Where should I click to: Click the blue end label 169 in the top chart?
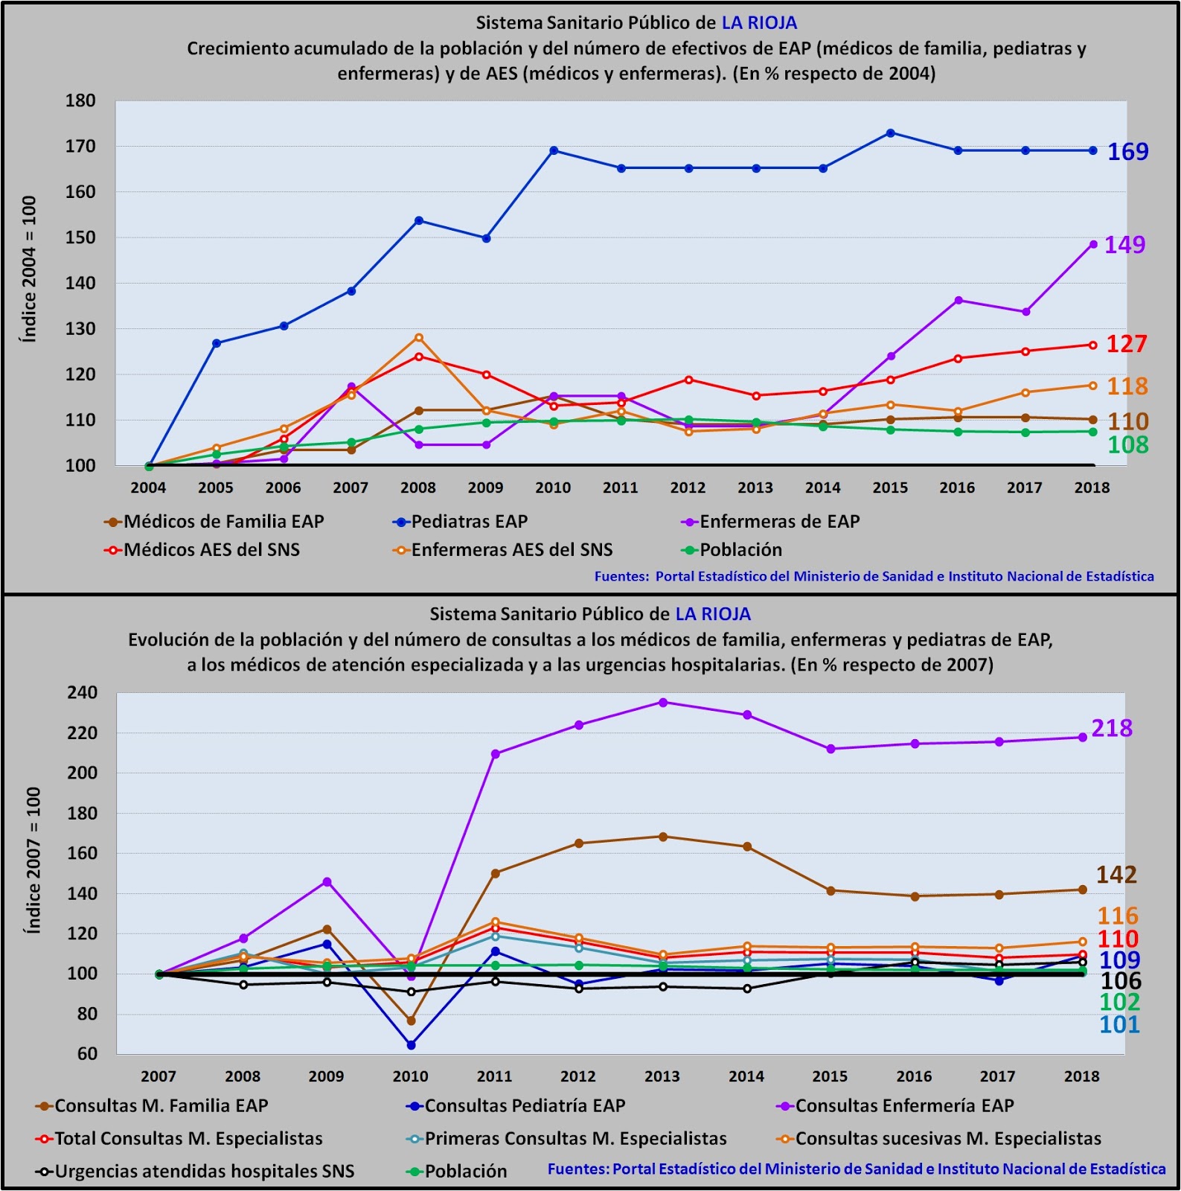pyautogui.click(x=1127, y=152)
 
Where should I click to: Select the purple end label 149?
pyautogui.click(x=1124, y=245)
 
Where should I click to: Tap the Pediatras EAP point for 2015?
pyautogui.click(x=890, y=133)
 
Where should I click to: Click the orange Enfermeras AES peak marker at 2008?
pyautogui.click(x=419, y=338)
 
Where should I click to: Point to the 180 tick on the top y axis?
pyautogui.click(x=80, y=101)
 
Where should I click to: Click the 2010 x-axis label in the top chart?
pyautogui.click(x=553, y=488)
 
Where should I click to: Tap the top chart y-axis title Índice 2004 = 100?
pyautogui.click(x=29, y=269)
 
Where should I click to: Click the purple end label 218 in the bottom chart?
pyautogui.click(x=1112, y=728)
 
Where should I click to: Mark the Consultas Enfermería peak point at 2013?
pyautogui.click(x=663, y=703)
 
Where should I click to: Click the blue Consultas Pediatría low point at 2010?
pyautogui.click(x=411, y=1045)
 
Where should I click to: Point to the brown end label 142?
pyautogui.click(x=1116, y=875)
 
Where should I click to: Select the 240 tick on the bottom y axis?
pyautogui.click(x=82, y=693)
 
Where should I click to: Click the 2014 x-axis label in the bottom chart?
pyautogui.click(x=746, y=1076)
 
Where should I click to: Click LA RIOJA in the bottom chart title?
pyautogui.click(x=713, y=615)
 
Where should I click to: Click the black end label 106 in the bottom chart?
pyautogui.click(x=1121, y=981)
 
